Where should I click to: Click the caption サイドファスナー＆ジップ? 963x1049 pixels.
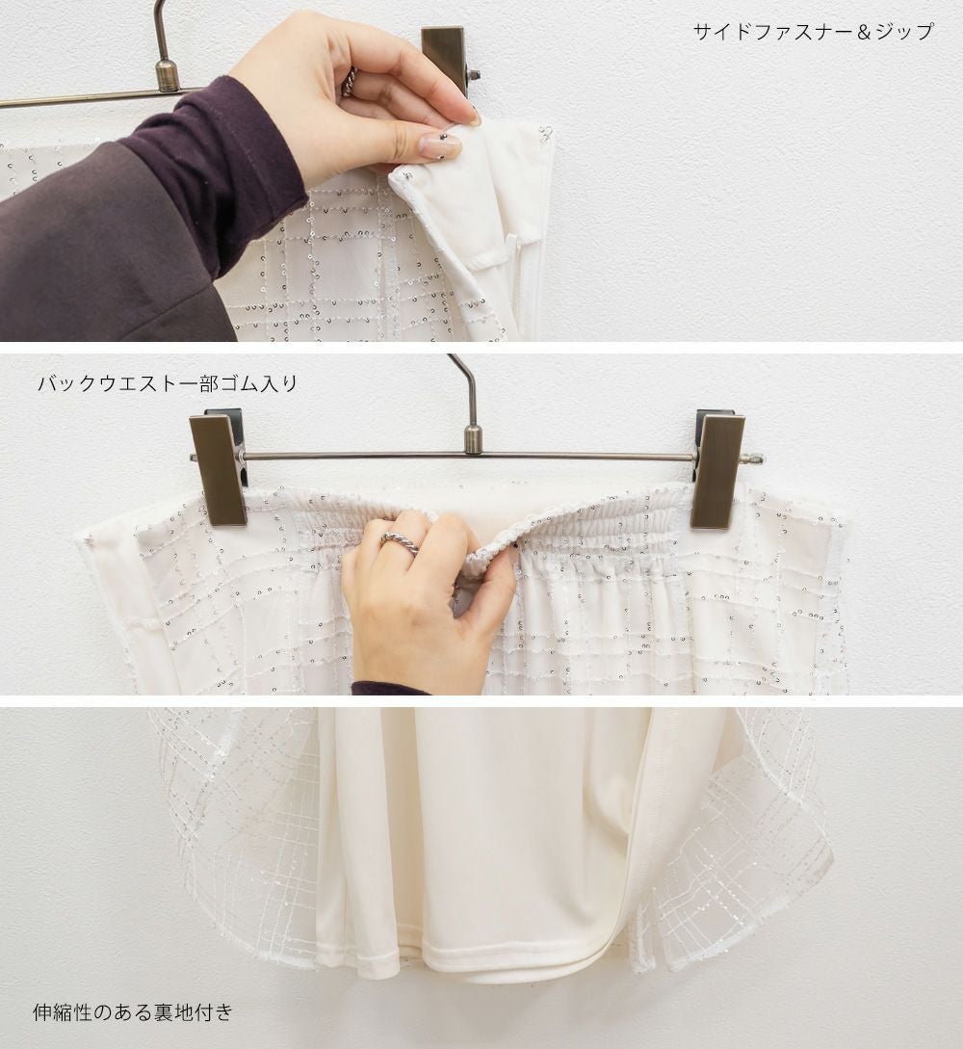pyautogui.click(x=813, y=32)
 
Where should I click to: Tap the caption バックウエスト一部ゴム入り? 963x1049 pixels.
pyautogui.click(x=168, y=383)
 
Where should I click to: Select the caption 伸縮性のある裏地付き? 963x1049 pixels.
pyautogui.click(x=133, y=1012)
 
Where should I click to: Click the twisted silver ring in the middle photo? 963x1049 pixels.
pyautogui.click(x=401, y=541)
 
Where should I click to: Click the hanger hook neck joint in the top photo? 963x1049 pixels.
pyautogui.click(x=166, y=74)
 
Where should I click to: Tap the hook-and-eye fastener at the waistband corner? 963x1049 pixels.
pyautogui.click(x=546, y=133)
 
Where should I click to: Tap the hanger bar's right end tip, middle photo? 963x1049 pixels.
pyautogui.click(x=763, y=459)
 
